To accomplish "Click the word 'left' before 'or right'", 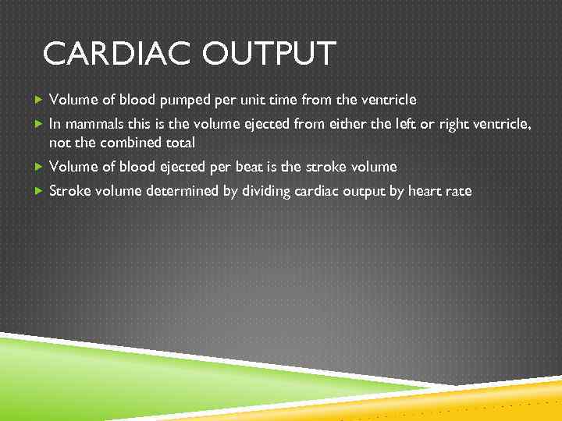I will (406, 123).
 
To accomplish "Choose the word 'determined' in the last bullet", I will (183, 191).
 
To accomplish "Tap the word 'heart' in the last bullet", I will (429, 191).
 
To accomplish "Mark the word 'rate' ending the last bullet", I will (460, 191).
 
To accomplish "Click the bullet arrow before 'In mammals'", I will (39, 123).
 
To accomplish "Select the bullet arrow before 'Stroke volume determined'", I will (39, 191).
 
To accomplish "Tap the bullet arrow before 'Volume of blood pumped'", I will (39, 100).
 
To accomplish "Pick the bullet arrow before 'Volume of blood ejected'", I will (39, 167).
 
